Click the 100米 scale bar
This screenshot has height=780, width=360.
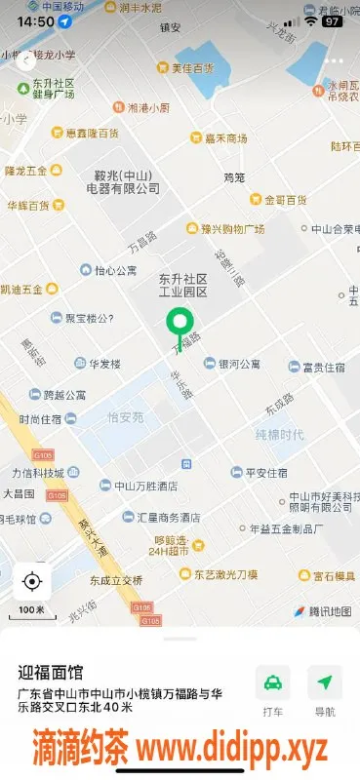31,610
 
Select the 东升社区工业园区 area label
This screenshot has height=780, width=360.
183,285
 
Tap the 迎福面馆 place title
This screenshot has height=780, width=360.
51,673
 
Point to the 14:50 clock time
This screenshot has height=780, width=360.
35,20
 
